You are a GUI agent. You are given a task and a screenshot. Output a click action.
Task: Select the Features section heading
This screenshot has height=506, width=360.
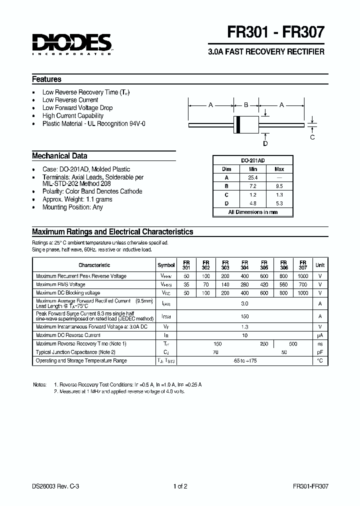pyautogui.click(x=46, y=79)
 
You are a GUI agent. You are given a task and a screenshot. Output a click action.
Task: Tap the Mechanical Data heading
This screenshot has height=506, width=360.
pyautogui.click(x=59, y=155)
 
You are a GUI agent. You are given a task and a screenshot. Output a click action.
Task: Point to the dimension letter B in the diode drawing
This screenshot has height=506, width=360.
pyautogui.click(x=246, y=105)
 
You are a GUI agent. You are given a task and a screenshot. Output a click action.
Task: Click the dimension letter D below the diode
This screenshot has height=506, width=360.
pyautogui.click(x=265, y=143)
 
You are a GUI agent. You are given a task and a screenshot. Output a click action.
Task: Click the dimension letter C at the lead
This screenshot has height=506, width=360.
pyautogui.click(x=312, y=137)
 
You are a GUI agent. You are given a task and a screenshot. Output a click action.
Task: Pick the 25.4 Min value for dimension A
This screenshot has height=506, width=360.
pyautogui.click(x=253, y=177)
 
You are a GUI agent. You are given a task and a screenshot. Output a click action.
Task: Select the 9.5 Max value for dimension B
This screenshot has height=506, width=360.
pyautogui.click(x=279, y=186)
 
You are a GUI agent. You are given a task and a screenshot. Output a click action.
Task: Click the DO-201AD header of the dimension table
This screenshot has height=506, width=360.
pyautogui.click(x=252, y=160)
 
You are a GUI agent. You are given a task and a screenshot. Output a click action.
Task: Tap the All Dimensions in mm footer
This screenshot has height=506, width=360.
pyautogui.click(x=252, y=212)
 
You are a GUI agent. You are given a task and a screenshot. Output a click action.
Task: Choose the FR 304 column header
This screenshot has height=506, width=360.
pyautogui.click(x=244, y=264)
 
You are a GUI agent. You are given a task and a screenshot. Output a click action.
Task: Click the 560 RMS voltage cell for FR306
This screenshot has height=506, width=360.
pyautogui.click(x=283, y=284)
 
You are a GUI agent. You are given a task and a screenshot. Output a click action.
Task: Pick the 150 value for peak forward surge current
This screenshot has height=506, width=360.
pyautogui.click(x=244, y=316)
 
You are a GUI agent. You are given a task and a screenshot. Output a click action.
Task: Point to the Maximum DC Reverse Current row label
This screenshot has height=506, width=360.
pyautogui.click(x=68, y=335)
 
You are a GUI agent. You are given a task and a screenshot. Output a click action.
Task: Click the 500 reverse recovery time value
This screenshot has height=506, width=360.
pyautogui.click(x=293, y=343)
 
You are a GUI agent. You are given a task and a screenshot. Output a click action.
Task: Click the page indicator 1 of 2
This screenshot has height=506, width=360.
pyautogui.click(x=179, y=486)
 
